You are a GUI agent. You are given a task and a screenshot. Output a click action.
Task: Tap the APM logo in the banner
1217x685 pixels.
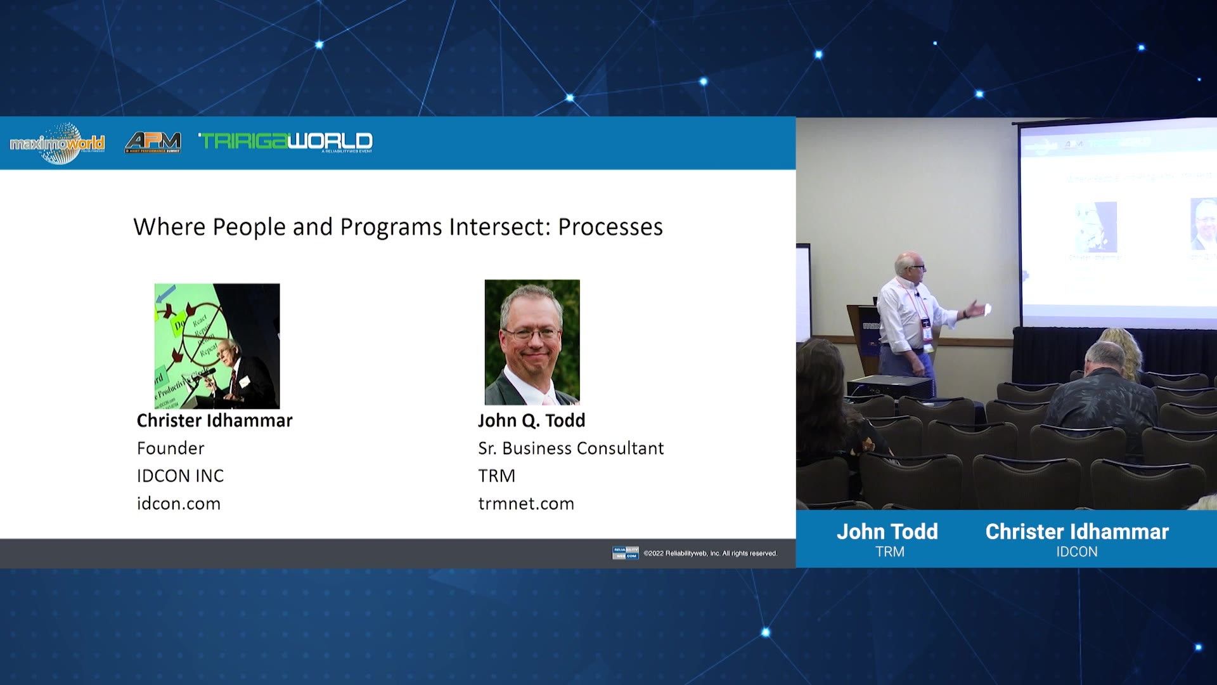(153, 142)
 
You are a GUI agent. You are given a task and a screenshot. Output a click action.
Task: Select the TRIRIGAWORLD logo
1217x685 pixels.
(285, 141)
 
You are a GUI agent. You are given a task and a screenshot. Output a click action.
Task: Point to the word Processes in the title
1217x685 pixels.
(610, 226)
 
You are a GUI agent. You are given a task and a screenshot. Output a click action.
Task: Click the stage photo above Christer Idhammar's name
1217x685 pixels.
(217, 346)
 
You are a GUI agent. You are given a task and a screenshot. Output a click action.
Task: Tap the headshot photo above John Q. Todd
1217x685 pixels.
(532, 342)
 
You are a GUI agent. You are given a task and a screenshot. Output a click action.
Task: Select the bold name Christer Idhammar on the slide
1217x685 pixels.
(214, 421)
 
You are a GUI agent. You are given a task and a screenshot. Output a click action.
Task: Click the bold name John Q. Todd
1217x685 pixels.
(531, 421)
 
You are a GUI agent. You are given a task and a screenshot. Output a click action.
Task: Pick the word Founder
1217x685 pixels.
(171, 448)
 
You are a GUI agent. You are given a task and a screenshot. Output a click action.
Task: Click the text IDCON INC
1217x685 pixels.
(180, 476)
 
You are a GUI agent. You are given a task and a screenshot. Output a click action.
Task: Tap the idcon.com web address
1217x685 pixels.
(179, 504)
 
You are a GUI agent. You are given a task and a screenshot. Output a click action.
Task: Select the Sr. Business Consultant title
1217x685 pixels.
(570, 448)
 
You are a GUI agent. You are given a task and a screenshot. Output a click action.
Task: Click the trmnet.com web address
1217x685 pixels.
(526, 504)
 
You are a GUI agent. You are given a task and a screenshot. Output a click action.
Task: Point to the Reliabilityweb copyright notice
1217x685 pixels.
(710, 553)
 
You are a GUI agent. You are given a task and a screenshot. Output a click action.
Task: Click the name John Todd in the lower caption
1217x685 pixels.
(887, 532)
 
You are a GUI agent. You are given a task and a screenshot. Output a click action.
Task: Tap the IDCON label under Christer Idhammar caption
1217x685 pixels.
(1076, 552)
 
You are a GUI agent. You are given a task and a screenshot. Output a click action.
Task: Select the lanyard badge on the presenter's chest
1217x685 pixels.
(926, 334)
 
